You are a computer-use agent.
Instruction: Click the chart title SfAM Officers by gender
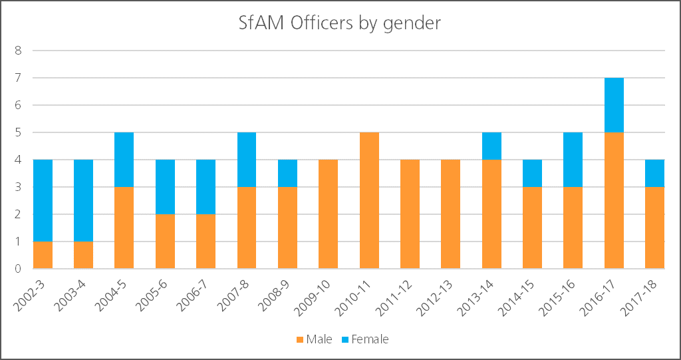(340, 23)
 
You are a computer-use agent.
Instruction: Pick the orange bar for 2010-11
(369, 201)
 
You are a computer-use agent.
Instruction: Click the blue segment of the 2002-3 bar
(43, 200)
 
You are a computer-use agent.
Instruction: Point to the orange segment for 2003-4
(83, 256)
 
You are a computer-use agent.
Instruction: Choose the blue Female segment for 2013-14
(491, 146)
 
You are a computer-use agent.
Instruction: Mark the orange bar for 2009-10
(328, 214)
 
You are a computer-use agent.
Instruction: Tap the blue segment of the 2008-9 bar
(287, 173)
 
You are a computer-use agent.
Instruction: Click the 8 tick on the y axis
(19, 50)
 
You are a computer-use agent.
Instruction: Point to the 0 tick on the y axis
(19, 270)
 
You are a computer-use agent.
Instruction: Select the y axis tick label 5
(19, 132)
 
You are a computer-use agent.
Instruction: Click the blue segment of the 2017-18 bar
(654, 173)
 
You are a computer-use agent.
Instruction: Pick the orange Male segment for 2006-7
(205, 242)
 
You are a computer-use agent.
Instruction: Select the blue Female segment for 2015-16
(573, 160)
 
